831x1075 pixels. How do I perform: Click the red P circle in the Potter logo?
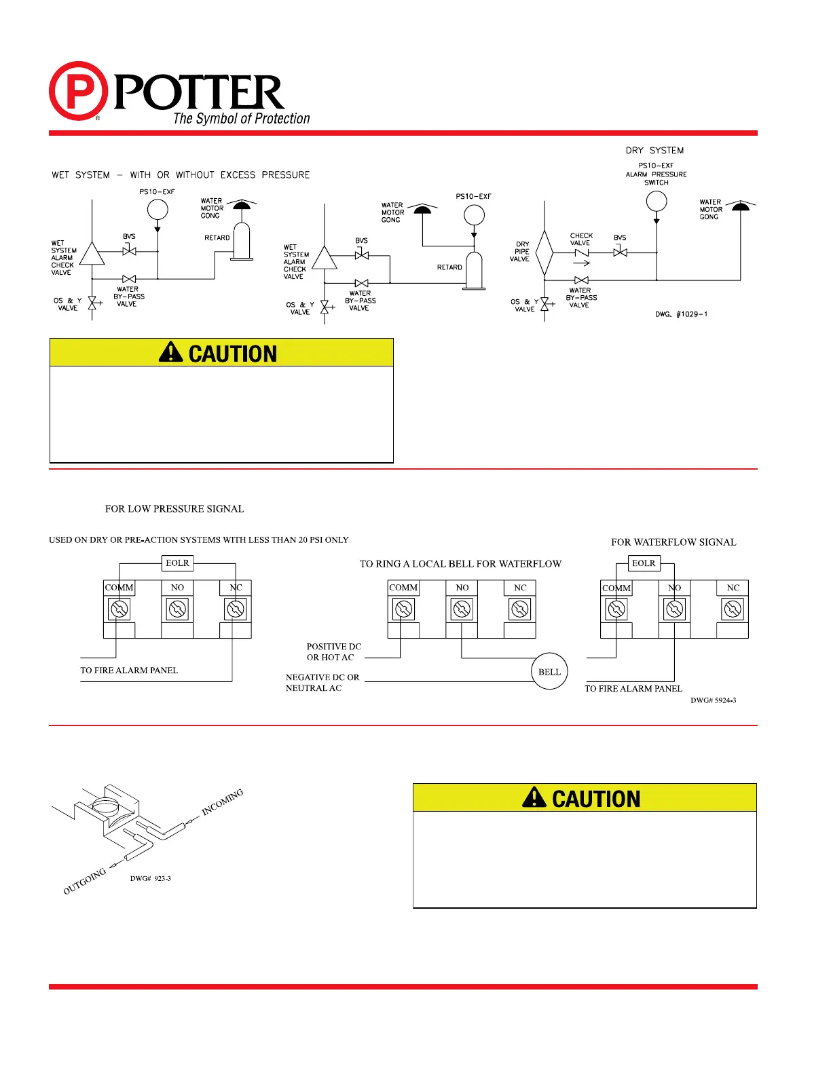pyautogui.click(x=78, y=91)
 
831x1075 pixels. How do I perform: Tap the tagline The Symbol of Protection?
pyautogui.click(x=241, y=119)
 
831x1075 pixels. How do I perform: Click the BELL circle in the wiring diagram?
pyautogui.click(x=549, y=672)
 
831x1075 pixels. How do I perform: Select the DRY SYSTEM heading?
pyautogui.click(x=654, y=151)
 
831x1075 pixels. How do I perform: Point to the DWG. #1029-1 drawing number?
pyautogui.click(x=681, y=314)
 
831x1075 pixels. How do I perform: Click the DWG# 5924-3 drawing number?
pyautogui.click(x=713, y=700)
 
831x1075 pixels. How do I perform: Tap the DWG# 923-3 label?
pyautogui.click(x=151, y=879)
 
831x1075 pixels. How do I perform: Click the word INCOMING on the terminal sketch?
pyautogui.click(x=222, y=802)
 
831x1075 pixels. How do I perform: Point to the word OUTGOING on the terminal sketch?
pyautogui.click(x=85, y=882)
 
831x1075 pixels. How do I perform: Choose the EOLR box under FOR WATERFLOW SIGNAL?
pyautogui.click(x=644, y=563)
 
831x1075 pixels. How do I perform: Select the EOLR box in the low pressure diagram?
pyautogui.click(x=177, y=563)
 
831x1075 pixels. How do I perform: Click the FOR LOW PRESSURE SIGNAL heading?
pyautogui.click(x=174, y=509)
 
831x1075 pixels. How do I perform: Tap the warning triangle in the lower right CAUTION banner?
pyautogui.click(x=534, y=797)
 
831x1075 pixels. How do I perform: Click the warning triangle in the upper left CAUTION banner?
pyautogui.click(x=170, y=352)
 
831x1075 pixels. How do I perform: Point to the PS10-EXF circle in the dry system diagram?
pyautogui.click(x=657, y=201)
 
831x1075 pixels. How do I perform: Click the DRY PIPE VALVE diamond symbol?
pyautogui.click(x=544, y=253)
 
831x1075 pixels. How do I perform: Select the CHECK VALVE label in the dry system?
pyautogui.click(x=581, y=240)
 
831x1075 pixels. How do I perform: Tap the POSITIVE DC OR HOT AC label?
pyautogui.click(x=333, y=652)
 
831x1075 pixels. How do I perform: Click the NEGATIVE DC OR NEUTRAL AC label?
pyautogui.click(x=322, y=683)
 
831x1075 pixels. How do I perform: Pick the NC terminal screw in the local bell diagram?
pyautogui.click(x=520, y=609)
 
